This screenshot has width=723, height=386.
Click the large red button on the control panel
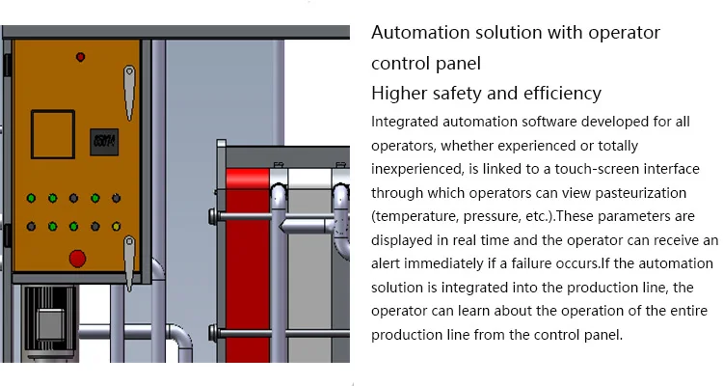pos(78,258)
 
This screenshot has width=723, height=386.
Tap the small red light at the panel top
pos(80,55)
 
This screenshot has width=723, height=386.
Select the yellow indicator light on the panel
pos(116,227)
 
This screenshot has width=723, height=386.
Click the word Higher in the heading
pos(400,94)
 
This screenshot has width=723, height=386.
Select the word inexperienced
pos(416,169)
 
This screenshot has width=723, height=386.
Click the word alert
pos(388,262)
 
